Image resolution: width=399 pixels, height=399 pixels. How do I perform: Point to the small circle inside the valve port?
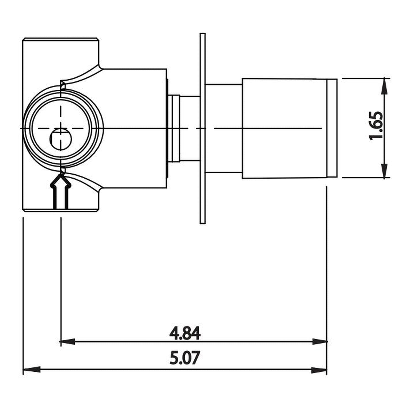(x=60, y=139)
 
